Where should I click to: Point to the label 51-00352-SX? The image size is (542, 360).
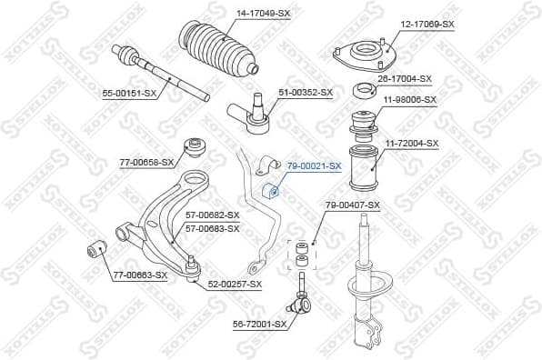(306, 92)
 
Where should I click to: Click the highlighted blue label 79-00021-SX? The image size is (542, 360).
(314, 166)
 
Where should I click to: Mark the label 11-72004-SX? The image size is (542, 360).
(411, 143)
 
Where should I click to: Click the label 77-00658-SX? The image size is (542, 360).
(146, 162)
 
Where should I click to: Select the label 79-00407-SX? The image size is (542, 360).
(353, 205)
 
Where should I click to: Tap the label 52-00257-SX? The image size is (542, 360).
(234, 285)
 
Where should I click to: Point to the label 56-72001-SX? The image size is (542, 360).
(260, 323)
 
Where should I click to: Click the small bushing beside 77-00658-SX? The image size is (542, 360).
(193, 146)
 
